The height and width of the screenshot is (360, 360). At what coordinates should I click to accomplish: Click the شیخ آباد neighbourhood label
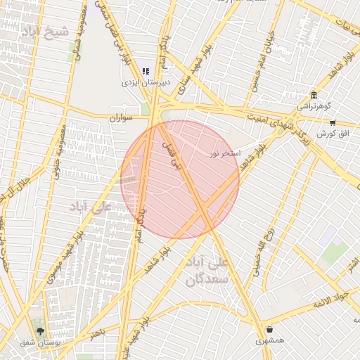pos(47,32)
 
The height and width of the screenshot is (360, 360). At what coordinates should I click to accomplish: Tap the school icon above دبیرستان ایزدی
pos(146,71)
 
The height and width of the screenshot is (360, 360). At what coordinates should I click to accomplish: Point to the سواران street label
pos(121,118)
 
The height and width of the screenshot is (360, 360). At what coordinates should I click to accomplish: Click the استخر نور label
pos(225,153)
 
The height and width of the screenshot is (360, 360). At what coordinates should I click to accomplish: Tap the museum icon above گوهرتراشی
pos(314,96)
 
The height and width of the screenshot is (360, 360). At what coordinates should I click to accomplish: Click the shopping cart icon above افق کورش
pos(332,122)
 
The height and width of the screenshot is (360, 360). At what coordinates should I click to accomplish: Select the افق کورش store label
pos(330,134)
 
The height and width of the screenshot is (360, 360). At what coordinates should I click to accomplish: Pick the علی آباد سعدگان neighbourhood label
pos(206,271)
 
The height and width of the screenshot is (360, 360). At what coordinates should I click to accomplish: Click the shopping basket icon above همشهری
pos(270,329)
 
